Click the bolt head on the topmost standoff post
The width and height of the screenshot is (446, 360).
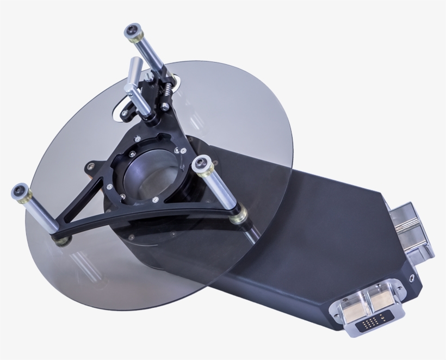click(132, 32)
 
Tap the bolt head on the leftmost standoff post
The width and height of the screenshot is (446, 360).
click(21, 192)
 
